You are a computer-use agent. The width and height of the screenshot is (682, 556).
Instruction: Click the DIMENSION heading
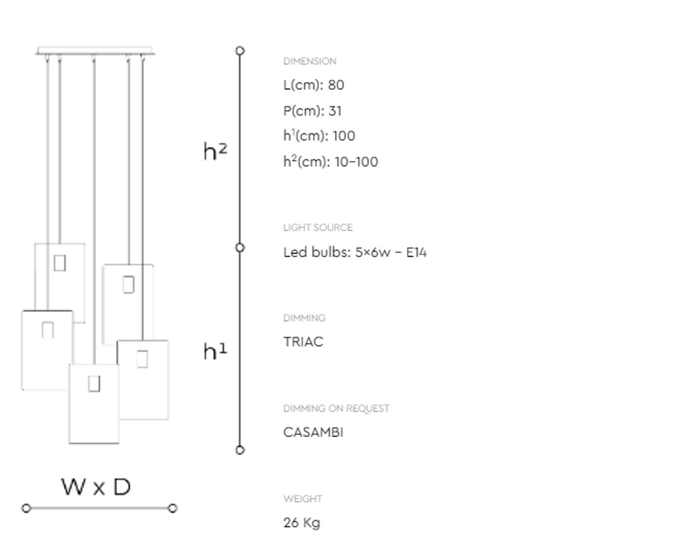[x=310, y=61]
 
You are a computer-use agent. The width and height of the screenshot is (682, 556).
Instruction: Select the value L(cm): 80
[x=313, y=85]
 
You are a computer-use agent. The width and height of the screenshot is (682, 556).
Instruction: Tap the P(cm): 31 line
[x=312, y=111]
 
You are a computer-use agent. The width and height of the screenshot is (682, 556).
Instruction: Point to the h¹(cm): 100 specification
[x=319, y=136]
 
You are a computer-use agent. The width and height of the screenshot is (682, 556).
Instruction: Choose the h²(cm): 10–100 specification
[x=330, y=161]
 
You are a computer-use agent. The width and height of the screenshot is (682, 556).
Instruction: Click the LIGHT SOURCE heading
[x=317, y=227]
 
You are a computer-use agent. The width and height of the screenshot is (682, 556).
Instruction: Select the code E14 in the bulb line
[x=416, y=252]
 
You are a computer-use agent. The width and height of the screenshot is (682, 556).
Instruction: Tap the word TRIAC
[x=303, y=342]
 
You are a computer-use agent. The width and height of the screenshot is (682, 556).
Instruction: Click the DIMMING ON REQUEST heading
[x=336, y=409]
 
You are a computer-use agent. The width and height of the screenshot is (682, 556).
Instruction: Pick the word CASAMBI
[x=313, y=432]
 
